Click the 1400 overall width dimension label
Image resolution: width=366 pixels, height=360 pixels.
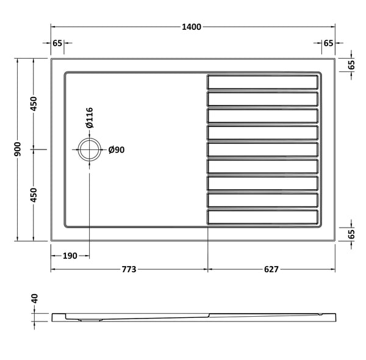(x=192, y=27)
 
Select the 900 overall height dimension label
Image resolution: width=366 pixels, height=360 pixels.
(x=18, y=149)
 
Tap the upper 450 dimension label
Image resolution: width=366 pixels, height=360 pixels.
(x=35, y=104)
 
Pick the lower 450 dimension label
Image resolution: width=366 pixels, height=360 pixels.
(x=35, y=195)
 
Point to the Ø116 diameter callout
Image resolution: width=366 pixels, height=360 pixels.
(x=89, y=117)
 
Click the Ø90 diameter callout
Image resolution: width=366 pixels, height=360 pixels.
(x=116, y=150)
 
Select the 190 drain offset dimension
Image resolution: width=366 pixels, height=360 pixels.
(x=70, y=256)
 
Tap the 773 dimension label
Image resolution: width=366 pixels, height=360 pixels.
(x=128, y=269)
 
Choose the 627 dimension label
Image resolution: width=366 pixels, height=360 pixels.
(x=271, y=269)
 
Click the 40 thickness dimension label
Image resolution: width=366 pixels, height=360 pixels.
(x=35, y=300)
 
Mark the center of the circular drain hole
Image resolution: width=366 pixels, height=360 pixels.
(x=89, y=149)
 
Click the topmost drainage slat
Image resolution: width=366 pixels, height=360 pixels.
(x=263, y=82)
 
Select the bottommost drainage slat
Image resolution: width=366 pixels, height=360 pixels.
(x=263, y=217)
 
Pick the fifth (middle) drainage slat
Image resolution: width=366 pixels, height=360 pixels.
(x=263, y=149)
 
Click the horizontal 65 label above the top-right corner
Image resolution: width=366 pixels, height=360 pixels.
(x=328, y=43)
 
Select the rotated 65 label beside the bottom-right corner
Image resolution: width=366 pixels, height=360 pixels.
(x=352, y=234)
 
